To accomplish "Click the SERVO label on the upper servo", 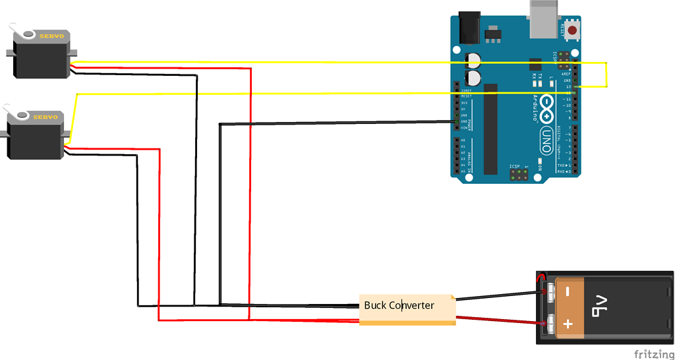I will pyautogui.click(x=51, y=36).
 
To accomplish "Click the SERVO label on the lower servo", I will pyautogui.click(x=45, y=117).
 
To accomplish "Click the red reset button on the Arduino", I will pyautogui.click(x=572, y=30).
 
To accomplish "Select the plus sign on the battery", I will pyautogui.click(x=569, y=324).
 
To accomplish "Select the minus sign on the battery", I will pyautogui.click(x=568, y=290).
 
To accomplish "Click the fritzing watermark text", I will pyautogui.click(x=651, y=353).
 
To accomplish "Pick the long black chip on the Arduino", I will pyautogui.click(x=490, y=129).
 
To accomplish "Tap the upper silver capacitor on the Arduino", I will pyautogui.click(x=473, y=60).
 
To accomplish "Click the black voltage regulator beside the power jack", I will pyautogui.click(x=492, y=32).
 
